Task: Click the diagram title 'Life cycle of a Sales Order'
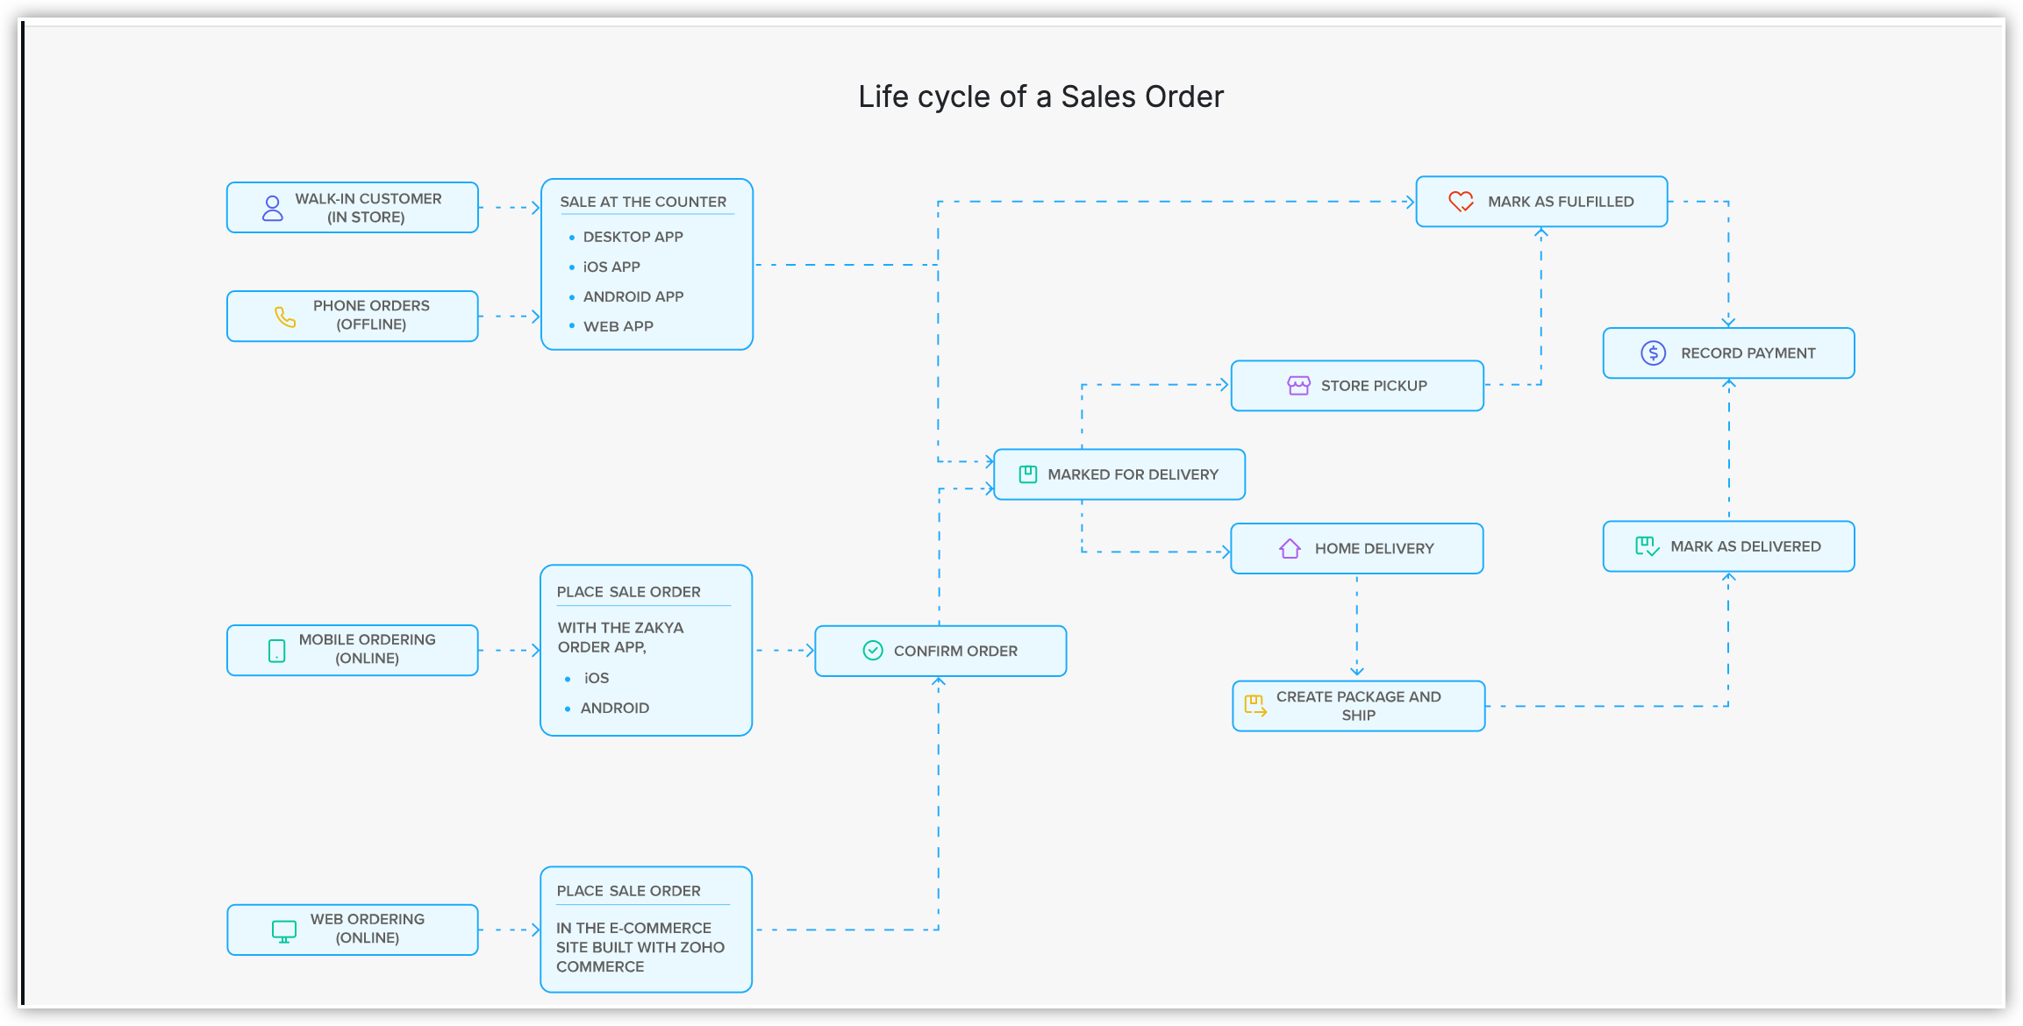point(1040,96)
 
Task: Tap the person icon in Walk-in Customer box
point(273,208)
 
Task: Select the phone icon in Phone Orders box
point(285,317)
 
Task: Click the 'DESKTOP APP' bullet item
point(633,237)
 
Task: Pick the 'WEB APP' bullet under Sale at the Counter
point(618,326)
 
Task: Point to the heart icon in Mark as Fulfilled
point(1461,202)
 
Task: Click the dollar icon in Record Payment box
point(1653,353)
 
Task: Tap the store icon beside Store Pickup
point(1298,386)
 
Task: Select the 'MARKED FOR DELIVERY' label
point(1133,474)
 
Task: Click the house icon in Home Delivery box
point(1290,549)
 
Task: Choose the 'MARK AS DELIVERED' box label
point(1745,546)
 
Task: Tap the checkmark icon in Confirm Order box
point(873,651)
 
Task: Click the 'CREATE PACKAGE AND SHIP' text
point(1358,706)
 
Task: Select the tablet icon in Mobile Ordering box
point(277,651)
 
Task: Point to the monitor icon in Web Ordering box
point(284,930)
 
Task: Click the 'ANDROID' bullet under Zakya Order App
point(614,708)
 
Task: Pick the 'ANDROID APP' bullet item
point(633,296)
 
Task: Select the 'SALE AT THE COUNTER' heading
point(643,202)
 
